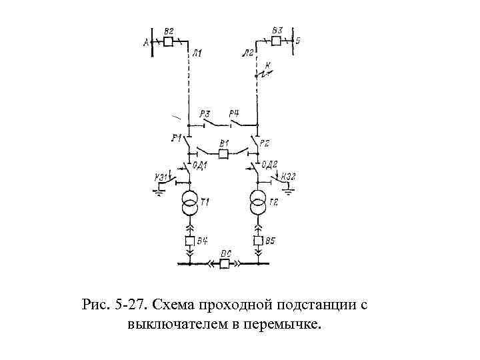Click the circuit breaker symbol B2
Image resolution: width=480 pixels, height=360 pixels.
pyautogui.click(x=169, y=42)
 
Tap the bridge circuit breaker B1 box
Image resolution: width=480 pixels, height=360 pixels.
pyautogui.click(x=224, y=154)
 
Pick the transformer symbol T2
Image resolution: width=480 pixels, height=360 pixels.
pyautogui.click(x=258, y=203)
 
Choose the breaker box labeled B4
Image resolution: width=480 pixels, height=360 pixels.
pyautogui.click(x=189, y=241)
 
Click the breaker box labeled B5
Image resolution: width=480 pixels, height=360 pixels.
pyautogui.click(x=258, y=241)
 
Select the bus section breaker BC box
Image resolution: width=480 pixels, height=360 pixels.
pyautogui.click(x=225, y=264)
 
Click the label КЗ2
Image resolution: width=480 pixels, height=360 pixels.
pyautogui.click(x=289, y=176)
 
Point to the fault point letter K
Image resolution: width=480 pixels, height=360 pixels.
pyautogui.click(x=268, y=65)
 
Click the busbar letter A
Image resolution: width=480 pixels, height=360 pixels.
pyautogui.click(x=146, y=43)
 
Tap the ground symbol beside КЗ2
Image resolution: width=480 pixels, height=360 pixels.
pyautogui.click(x=289, y=191)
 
